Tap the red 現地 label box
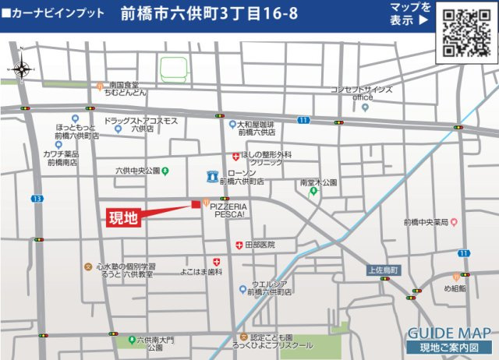point(124,217)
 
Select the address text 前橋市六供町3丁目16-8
point(210,15)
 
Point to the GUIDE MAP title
point(448,331)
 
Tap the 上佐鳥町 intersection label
point(383,270)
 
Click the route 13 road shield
point(37,199)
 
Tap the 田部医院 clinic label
point(260,245)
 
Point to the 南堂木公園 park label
point(318,182)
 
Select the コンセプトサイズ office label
point(362,94)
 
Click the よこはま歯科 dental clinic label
point(202,272)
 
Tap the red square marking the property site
point(195,204)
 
